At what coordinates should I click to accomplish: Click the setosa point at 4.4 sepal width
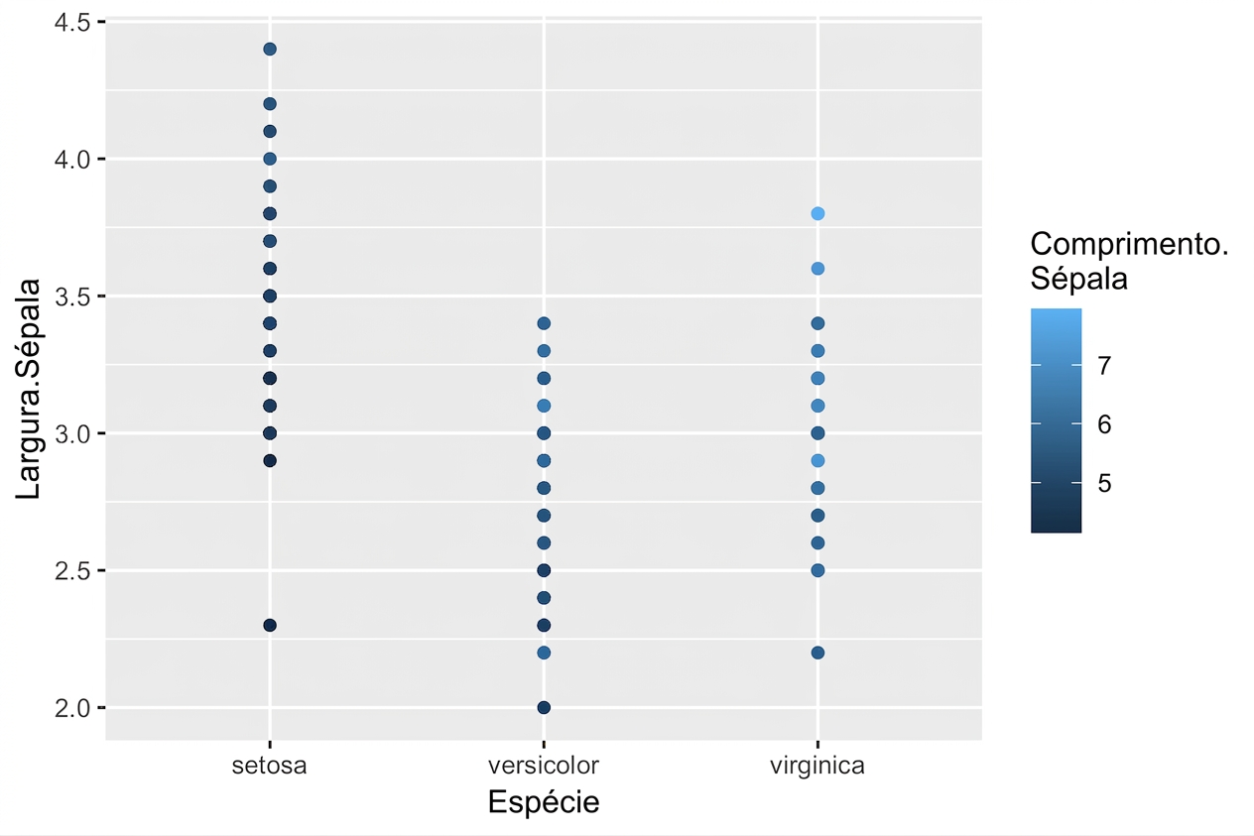click(269, 50)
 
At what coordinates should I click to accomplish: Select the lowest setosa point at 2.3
click(269, 625)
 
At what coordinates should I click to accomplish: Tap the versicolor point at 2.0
click(544, 707)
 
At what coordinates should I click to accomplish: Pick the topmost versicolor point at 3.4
click(544, 323)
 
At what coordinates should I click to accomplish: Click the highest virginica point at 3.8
click(817, 214)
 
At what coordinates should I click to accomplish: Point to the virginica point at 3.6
click(817, 269)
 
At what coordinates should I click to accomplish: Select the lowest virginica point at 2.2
click(817, 653)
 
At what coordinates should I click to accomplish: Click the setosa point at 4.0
click(269, 159)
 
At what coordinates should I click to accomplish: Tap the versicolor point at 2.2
click(544, 653)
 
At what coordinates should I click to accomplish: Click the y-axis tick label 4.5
click(72, 23)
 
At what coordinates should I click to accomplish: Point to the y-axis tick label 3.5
click(72, 297)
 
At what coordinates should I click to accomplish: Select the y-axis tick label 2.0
click(72, 708)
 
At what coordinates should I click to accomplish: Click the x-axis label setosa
click(269, 766)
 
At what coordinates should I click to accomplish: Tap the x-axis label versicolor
click(544, 766)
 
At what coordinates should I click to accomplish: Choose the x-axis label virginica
click(817, 766)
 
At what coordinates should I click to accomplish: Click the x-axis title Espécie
click(544, 802)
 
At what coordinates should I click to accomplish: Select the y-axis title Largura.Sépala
click(28, 389)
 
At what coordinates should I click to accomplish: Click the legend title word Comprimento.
click(1129, 245)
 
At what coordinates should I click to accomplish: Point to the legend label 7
click(1104, 365)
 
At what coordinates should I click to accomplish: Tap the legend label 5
click(1104, 483)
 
